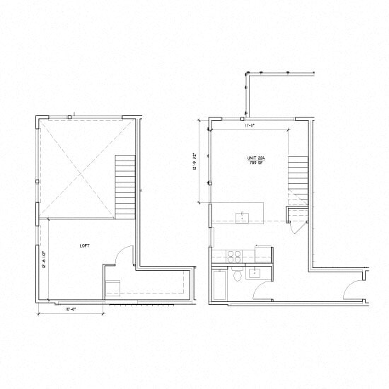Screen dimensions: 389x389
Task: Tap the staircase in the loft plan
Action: (x=125, y=186)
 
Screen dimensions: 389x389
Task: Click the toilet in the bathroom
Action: (x=237, y=274)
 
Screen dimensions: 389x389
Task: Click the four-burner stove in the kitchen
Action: (x=235, y=256)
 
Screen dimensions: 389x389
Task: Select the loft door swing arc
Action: (x=124, y=255)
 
